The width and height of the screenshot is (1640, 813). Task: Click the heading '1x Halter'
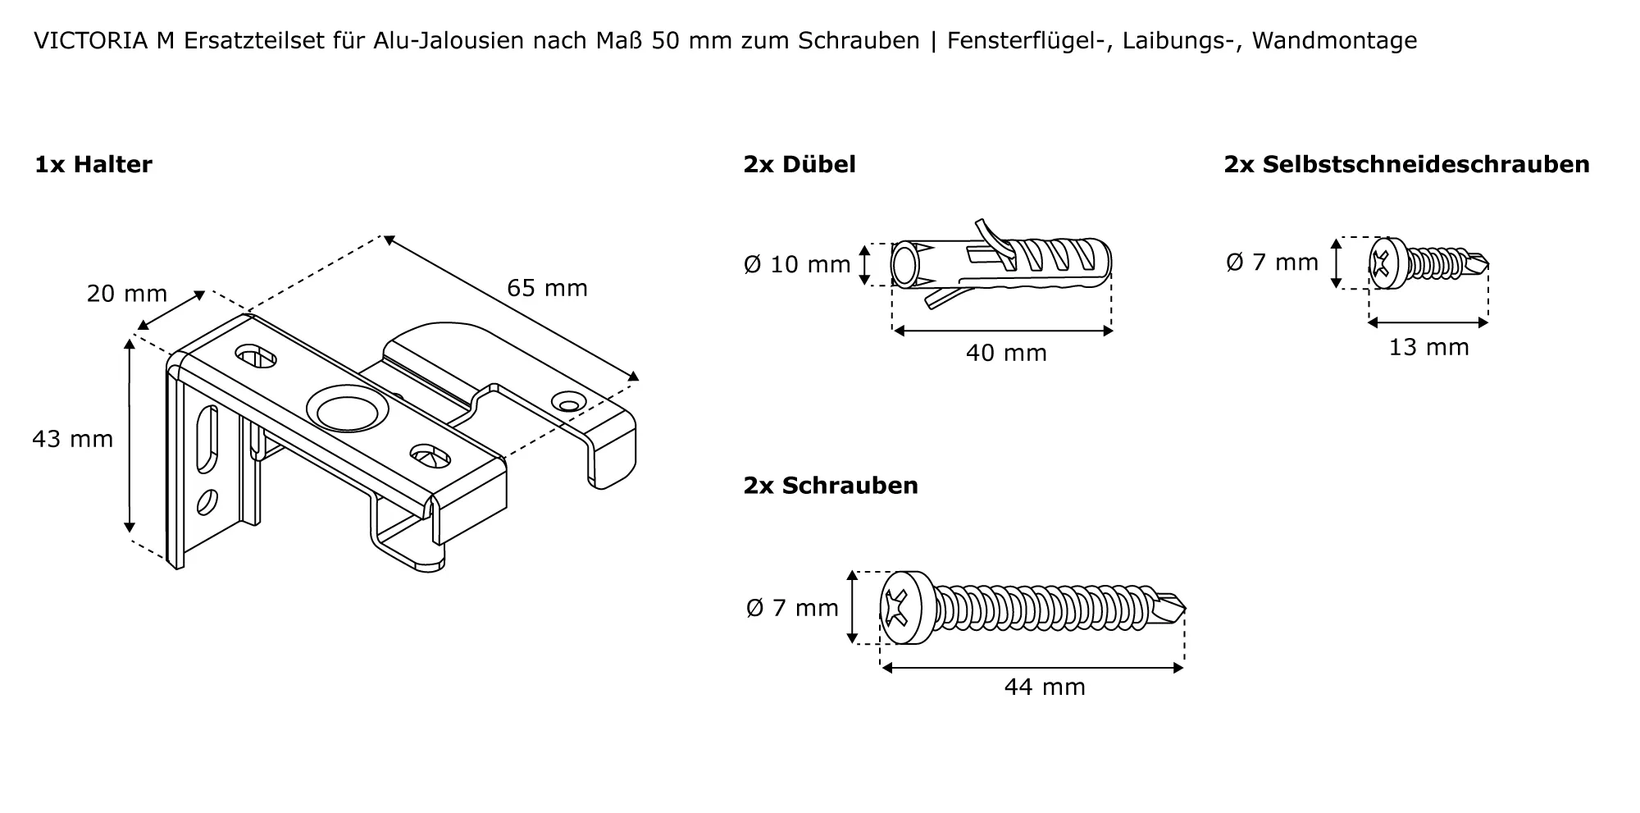point(93,165)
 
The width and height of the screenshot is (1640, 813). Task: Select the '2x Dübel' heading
point(799,165)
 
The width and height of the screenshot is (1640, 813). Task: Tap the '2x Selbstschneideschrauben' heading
point(1407,165)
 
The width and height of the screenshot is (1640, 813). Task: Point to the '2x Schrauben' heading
point(831,486)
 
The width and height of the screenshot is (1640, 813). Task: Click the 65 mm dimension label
point(547,288)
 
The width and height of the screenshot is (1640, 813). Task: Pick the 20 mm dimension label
point(127,294)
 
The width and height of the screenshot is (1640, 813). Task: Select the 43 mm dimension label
point(73,439)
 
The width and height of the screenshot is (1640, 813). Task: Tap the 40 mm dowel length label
point(1006,353)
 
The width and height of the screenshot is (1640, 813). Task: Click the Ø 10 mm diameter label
point(797,264)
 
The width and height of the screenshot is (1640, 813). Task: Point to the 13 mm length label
point(1428,347)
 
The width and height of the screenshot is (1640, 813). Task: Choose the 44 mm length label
point(1045,687)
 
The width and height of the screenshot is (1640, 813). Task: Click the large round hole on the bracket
point(345,409)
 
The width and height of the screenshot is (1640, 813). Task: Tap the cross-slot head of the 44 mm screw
point(900,608)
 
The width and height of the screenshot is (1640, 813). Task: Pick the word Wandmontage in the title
point(1334,40)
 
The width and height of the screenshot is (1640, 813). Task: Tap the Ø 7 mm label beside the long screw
point(792,608)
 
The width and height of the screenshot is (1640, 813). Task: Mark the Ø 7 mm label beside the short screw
point(1273,262)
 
